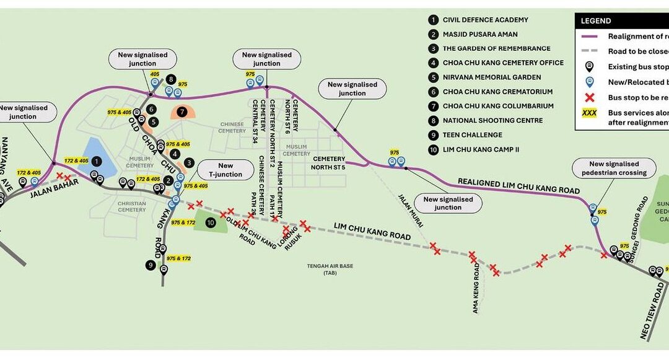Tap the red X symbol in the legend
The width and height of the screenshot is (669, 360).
tap(589, 97)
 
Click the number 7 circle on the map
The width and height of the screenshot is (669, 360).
tap(181, 112)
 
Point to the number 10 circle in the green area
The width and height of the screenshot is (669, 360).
tap(211, 222)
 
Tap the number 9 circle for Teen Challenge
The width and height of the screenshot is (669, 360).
tap(151, 265)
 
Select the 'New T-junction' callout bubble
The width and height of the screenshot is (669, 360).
tap(225, 170)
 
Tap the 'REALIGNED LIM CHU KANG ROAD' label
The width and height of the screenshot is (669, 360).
tap(518, 186)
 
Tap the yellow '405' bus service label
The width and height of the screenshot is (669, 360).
tap(155, 74)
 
